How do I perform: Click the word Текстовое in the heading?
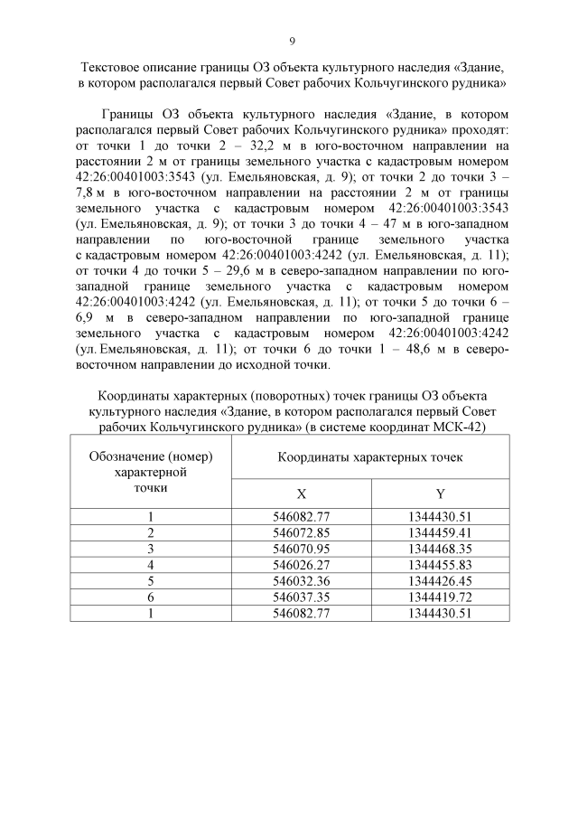point(112,68)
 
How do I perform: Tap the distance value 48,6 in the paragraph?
point(406,350)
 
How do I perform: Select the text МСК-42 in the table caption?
point(461,427)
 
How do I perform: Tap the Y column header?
point(440,493)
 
